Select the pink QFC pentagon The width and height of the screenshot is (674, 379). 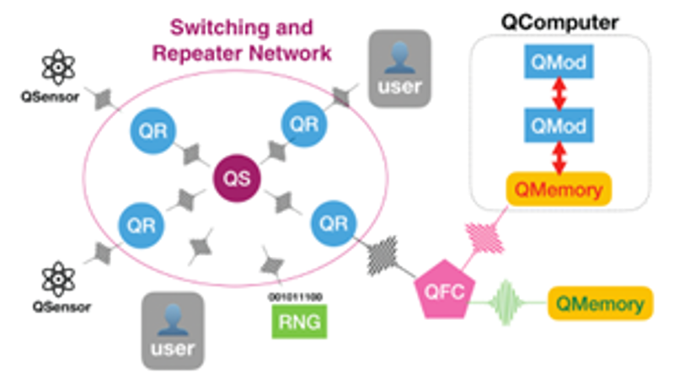click(x=444, y=290)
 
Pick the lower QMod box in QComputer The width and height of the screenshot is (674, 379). click(x=556, y=125)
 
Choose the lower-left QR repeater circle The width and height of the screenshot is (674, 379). click(x=142, y=223)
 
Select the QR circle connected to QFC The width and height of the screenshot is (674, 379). click(x=332, y=224)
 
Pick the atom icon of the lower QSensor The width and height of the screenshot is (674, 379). click(x=58, y=277)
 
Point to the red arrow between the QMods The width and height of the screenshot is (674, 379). click(x=556, y=93)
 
